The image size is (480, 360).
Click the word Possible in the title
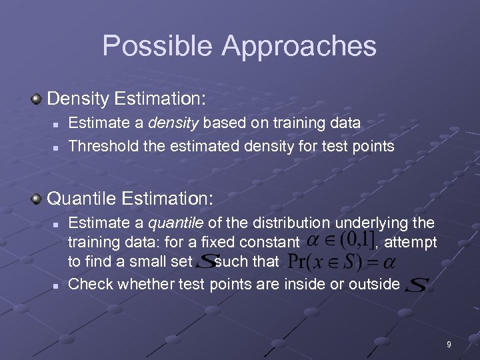point(158,46)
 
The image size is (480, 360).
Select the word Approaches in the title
point(299,46)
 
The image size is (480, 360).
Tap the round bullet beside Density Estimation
point(37,99)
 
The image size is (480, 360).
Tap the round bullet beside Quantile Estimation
point(37,199)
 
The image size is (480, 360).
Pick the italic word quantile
point(176,223)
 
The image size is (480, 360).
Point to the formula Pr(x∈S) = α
point(331,261)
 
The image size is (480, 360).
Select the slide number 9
point(449,345)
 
